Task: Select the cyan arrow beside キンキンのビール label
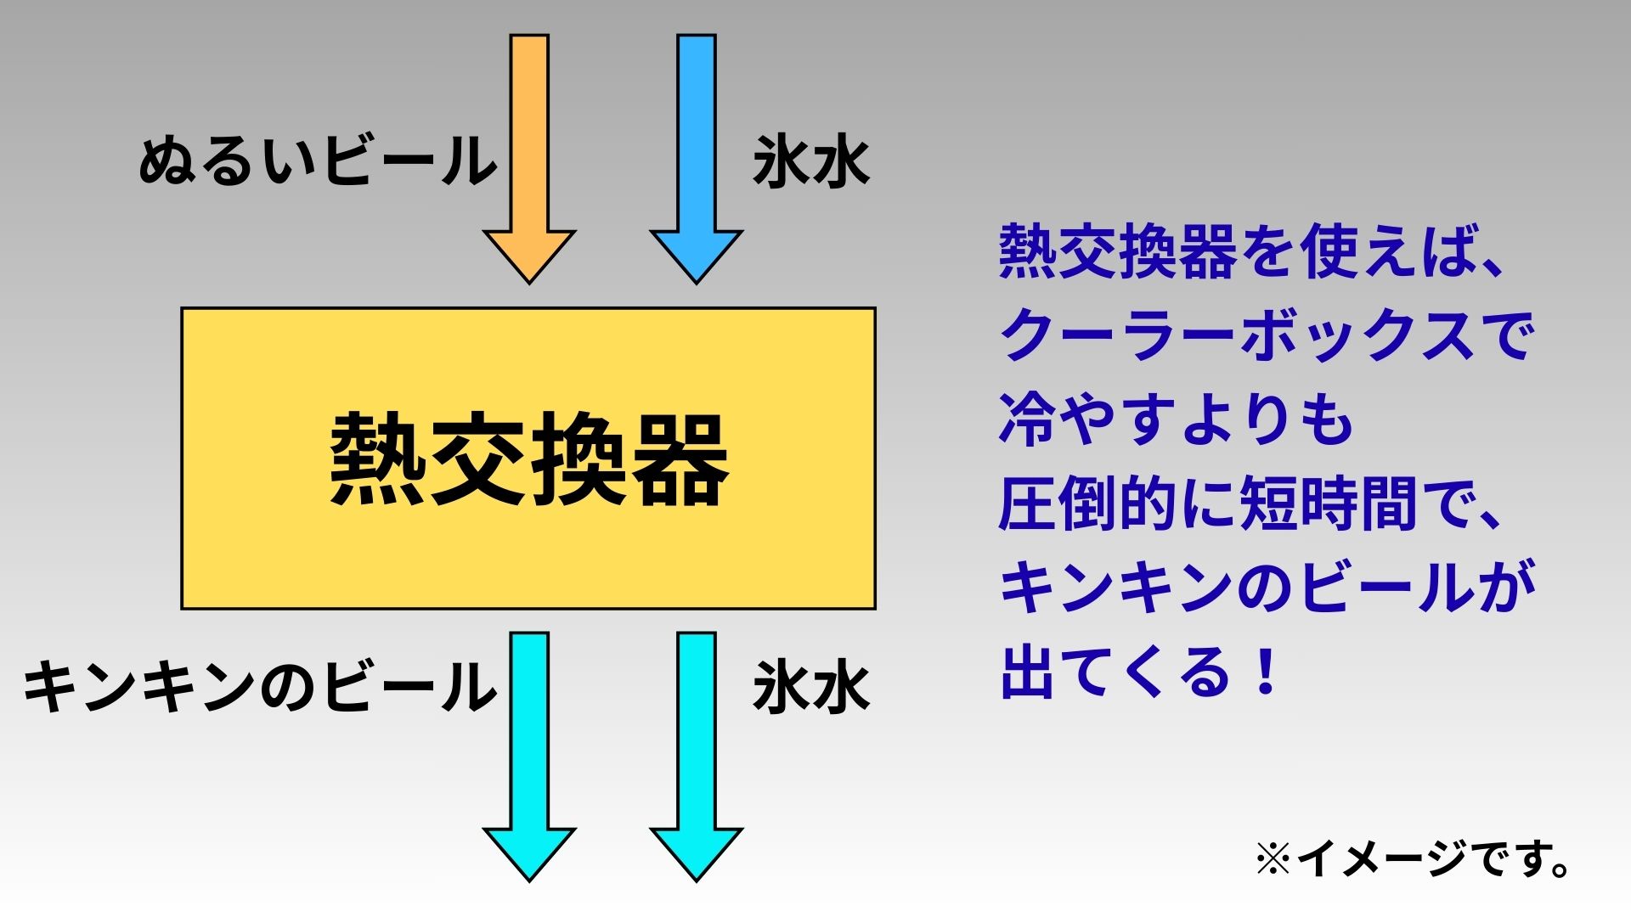coord(529,747)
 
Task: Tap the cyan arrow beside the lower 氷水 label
coord(697,747)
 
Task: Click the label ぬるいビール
coord(318,161)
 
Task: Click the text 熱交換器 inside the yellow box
coord(528,459)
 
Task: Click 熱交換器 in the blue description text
coord(1118,252)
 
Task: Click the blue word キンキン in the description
coord(1117,588)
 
